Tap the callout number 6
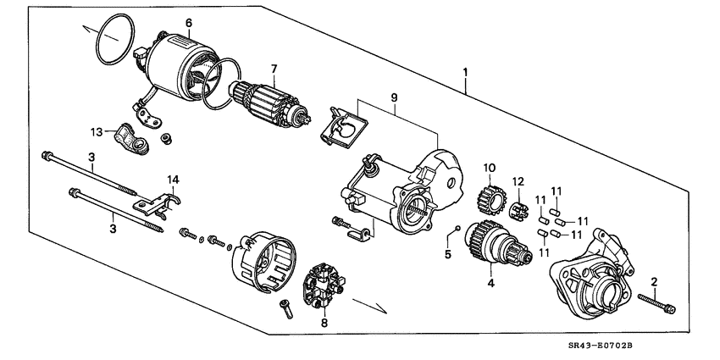point(188,22)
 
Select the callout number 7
point(274,69)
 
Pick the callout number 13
point(96,131)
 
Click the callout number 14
point(173,179)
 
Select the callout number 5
point(448,252)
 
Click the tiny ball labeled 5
point(456,228)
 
